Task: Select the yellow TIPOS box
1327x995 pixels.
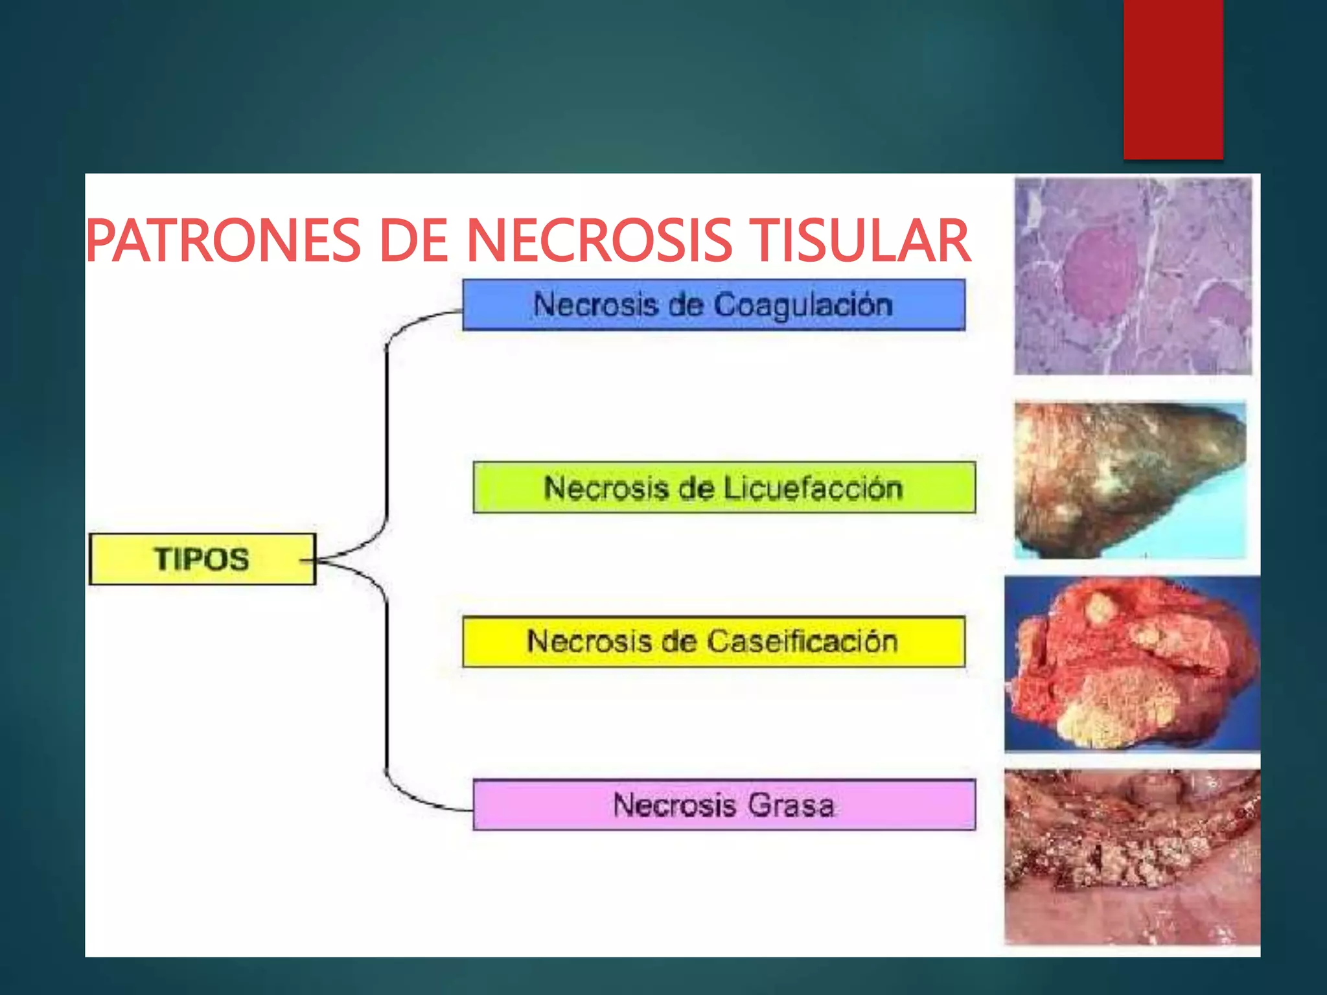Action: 202,559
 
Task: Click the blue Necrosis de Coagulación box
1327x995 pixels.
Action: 713,305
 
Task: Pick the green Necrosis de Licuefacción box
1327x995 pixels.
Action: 724,488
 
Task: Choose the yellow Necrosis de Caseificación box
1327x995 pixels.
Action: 713,642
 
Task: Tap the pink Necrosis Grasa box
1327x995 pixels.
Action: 724,805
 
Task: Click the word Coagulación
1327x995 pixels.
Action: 803,305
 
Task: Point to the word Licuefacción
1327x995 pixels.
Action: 813,488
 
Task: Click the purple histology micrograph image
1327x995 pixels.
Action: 1133,276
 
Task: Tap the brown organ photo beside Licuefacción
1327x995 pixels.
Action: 1129,480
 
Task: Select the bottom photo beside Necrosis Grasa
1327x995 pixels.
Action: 1132,856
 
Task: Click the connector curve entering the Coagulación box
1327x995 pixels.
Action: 415,321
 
